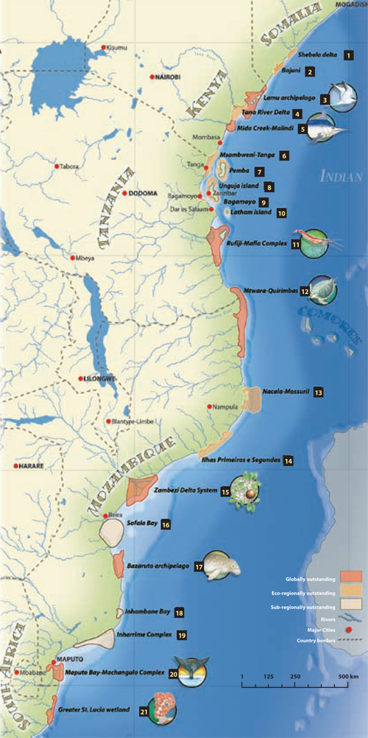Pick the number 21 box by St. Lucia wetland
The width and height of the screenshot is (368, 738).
pos(144,710)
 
